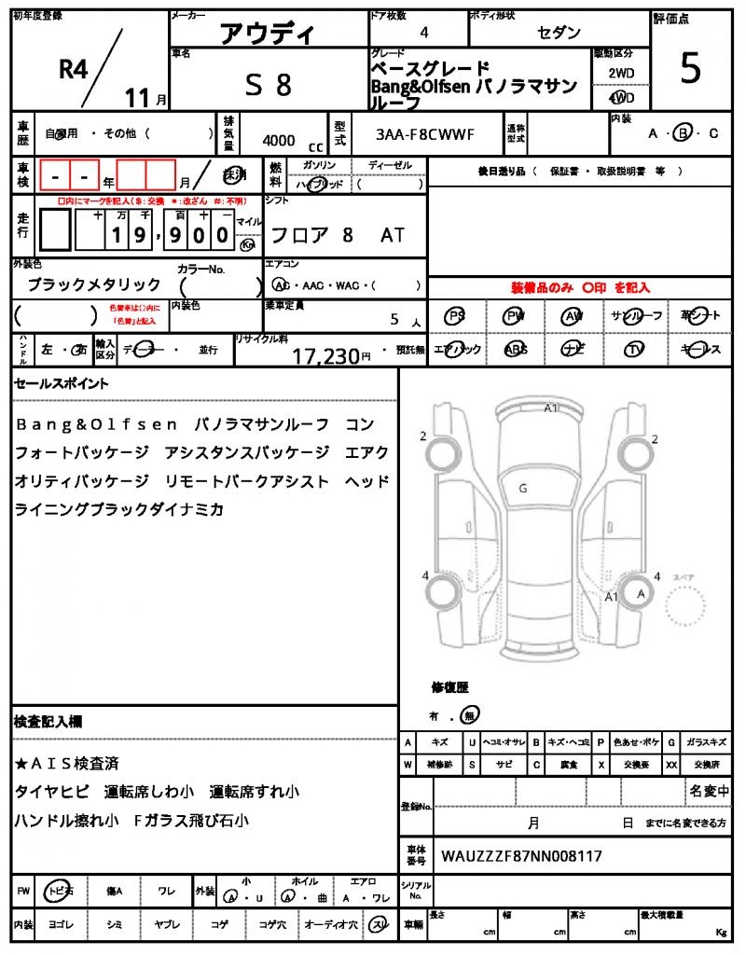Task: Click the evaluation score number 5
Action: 690,69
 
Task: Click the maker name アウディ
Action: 267,35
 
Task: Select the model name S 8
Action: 269,85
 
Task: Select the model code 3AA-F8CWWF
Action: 425,134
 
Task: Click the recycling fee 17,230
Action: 326,355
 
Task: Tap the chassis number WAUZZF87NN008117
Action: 521,855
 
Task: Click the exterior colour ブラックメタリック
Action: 93,284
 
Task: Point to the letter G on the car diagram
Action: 523,487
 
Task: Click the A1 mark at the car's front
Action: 551,408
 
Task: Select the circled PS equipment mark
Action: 455,316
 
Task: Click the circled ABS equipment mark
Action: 515,350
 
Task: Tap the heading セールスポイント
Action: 61,383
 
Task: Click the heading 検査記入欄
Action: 48,721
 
